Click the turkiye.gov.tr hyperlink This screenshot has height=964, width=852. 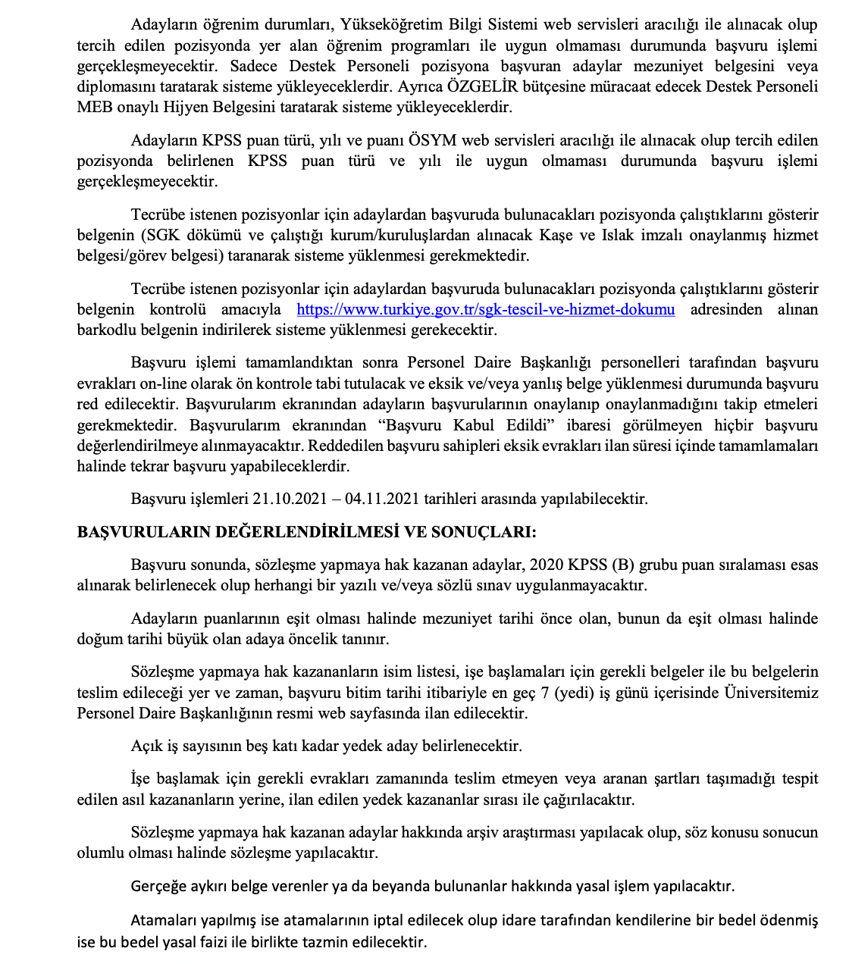[x=485, y=310]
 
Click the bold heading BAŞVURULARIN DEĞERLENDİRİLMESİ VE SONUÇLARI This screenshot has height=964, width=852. [x=306, y=532]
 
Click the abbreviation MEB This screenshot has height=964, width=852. [x=94, y=107]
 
